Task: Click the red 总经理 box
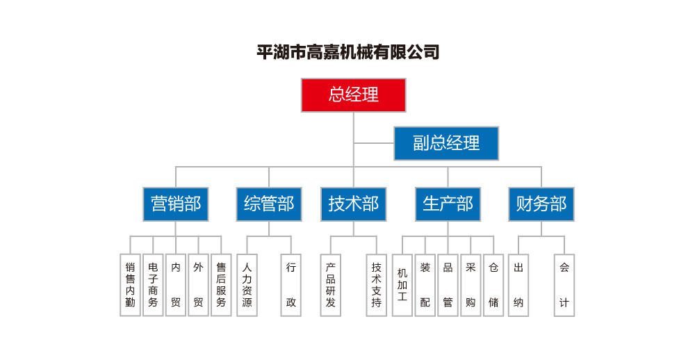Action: coord(353,95)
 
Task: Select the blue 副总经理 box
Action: coord(446,143)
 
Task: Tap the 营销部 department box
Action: coord(176,204)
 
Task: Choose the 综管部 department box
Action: coord(269,204)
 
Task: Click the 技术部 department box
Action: coord(353,204)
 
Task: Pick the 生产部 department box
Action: coord(448,204)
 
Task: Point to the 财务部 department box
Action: coord(541,204)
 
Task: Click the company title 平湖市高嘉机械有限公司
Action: coord(348,52)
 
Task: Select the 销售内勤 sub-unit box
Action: coord(130,285)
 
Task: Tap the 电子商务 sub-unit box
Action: coord(153,285)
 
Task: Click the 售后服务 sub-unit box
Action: coord(221,285)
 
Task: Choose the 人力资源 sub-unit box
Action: coord(247,285)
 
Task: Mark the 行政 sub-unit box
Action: coord(291,285)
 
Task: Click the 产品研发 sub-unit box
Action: coord(331,285)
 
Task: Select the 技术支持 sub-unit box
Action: coord(376,285)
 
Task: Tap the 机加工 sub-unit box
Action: coord(402,285)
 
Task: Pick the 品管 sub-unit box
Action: coord(448,285)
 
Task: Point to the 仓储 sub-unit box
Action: coord(493,285)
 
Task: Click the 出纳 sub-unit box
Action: coord(518,285)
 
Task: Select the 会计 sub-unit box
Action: coord(564,285)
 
